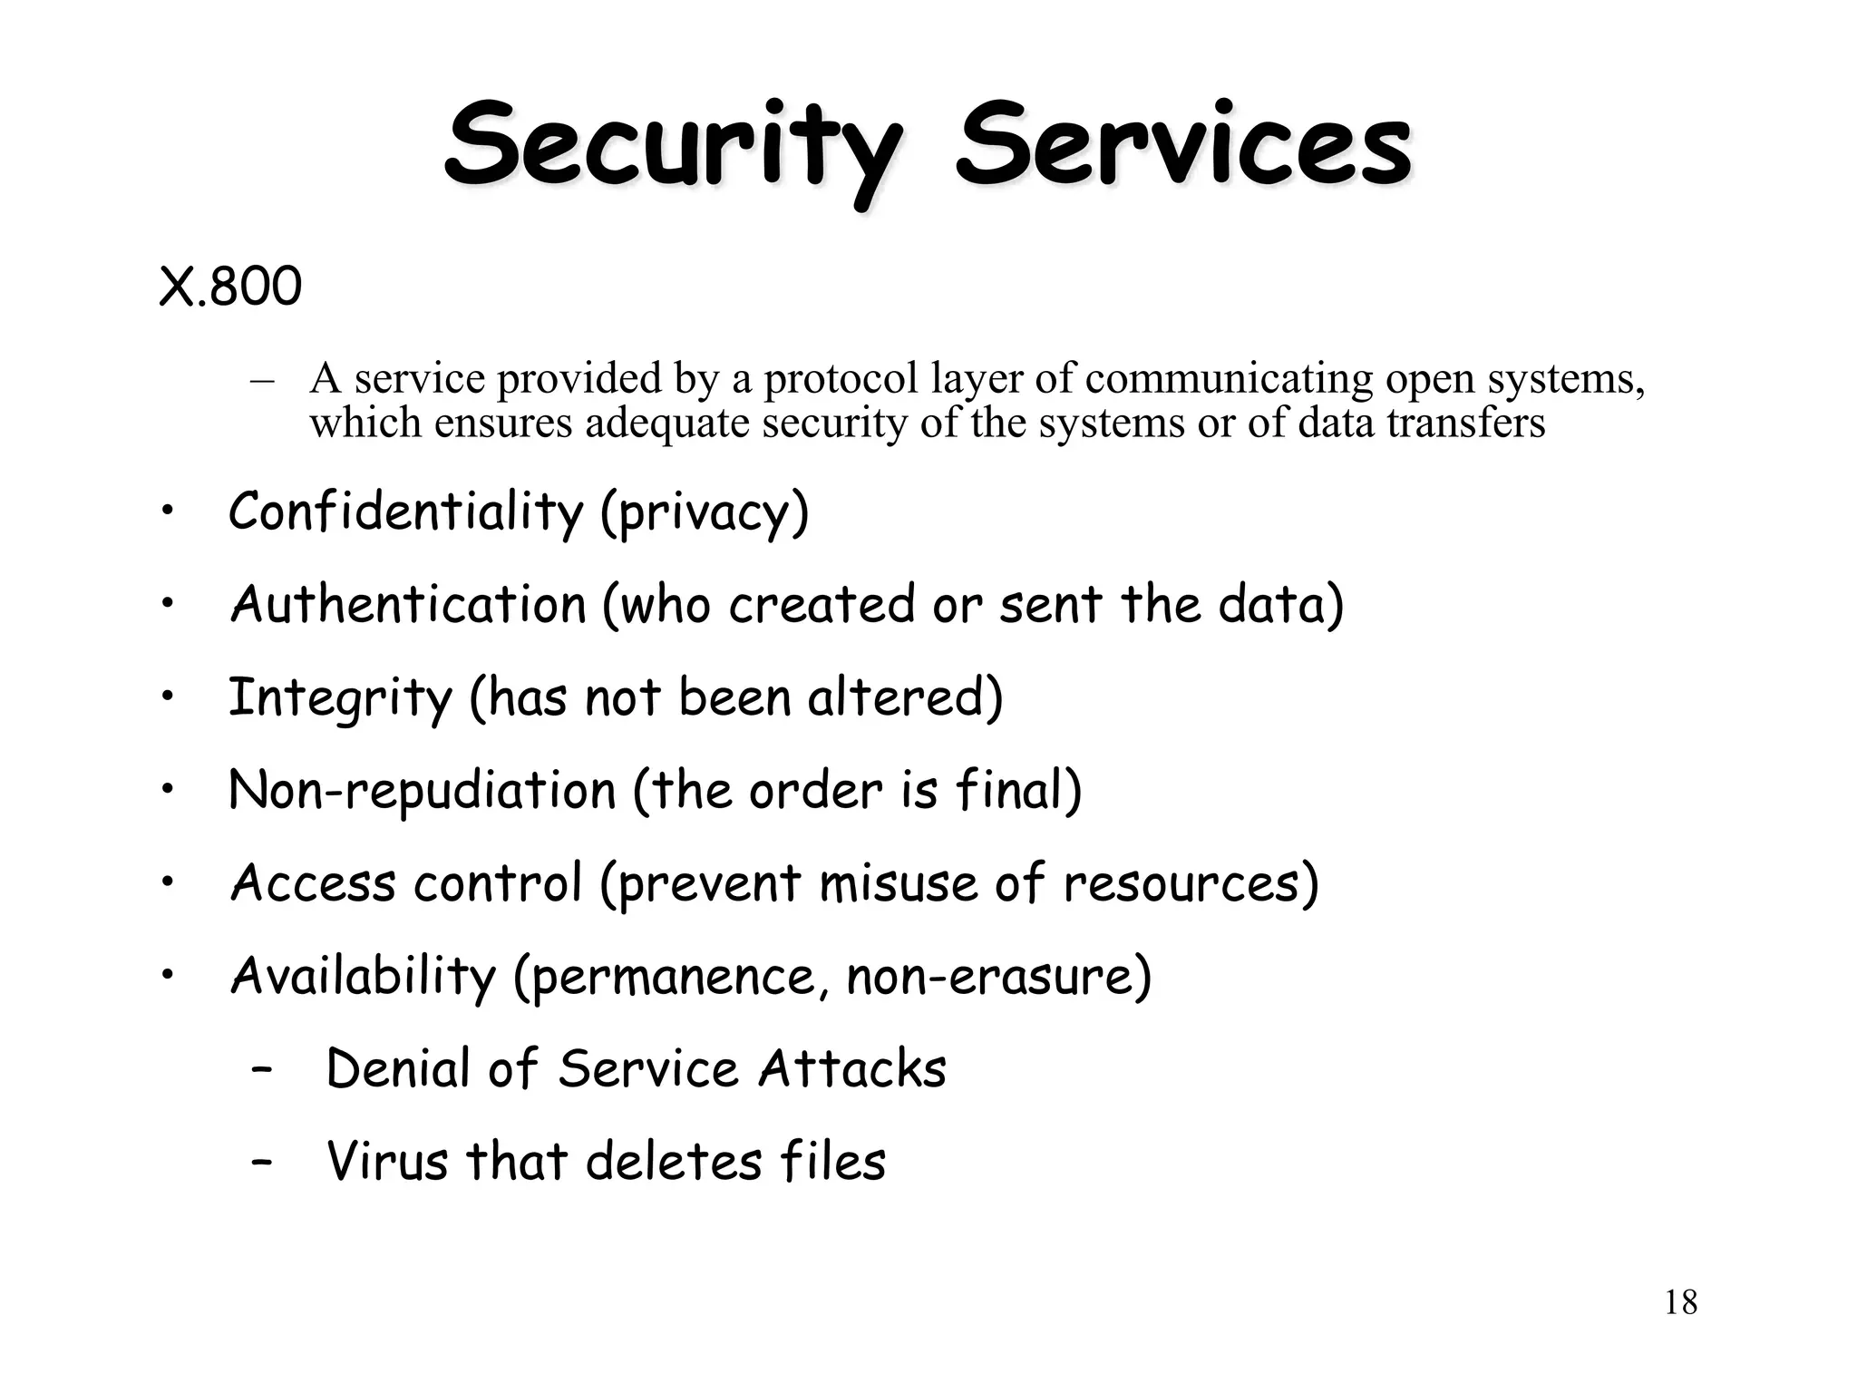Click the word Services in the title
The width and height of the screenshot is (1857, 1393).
click(x=1183, y=145)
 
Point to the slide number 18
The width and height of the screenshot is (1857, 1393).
click(x=1680, y=1302)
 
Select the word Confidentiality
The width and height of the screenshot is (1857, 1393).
click(x=405, y=511)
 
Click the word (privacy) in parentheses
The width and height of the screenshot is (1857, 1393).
click(x=705, y=513)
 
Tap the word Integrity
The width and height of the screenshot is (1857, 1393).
click(x=340, y=698)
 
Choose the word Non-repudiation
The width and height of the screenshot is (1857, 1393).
click(x=423, y=791)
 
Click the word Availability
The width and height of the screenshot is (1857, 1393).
click(x=363, y=977)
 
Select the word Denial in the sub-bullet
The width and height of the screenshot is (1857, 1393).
click(x=397, y=1068)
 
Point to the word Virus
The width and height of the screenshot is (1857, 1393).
click(x=387, y=1161)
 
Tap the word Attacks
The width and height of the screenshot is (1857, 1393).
click(x=852, y=1068)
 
